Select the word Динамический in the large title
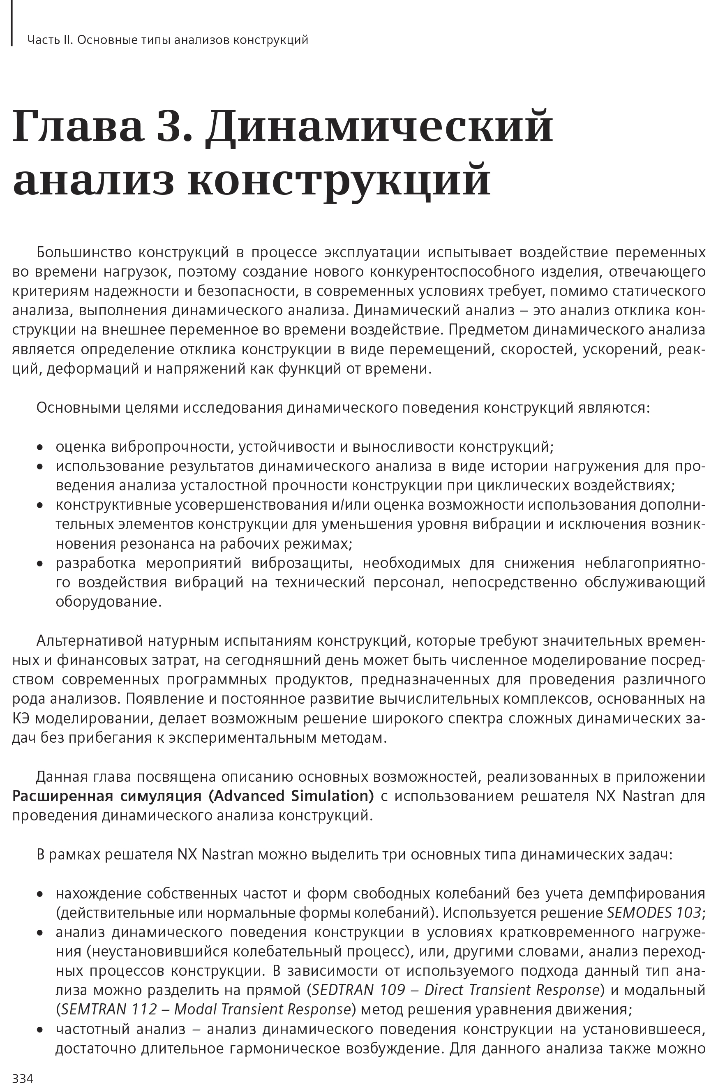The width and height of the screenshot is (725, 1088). point(379,126)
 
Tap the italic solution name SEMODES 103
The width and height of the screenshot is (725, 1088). point(654,913)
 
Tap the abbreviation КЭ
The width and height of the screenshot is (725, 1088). point(21,718)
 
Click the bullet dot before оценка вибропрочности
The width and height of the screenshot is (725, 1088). point(40,448)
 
